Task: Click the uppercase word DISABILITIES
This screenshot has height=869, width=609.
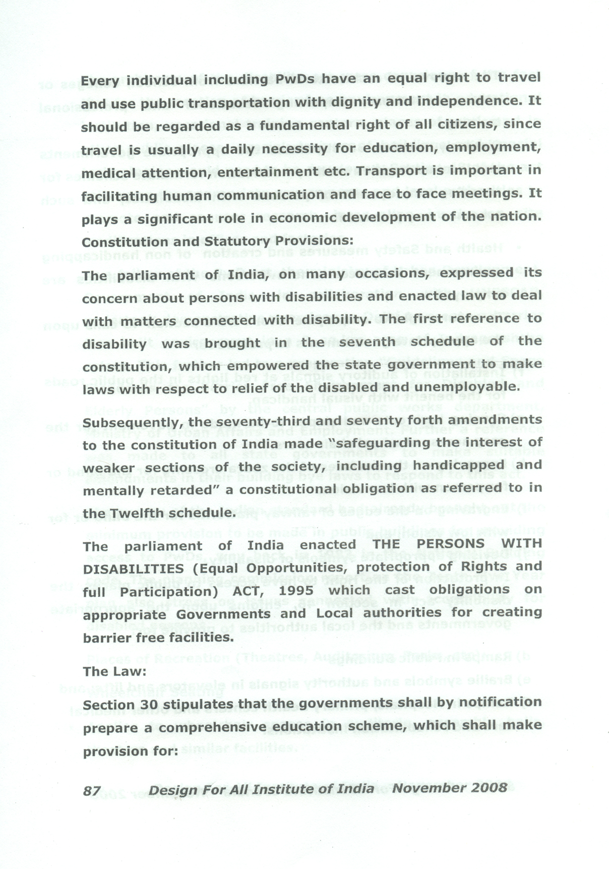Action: tap(133, 568)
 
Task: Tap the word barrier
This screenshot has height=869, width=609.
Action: tap(107, 638)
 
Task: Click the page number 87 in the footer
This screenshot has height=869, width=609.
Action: tap(92, 790)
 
